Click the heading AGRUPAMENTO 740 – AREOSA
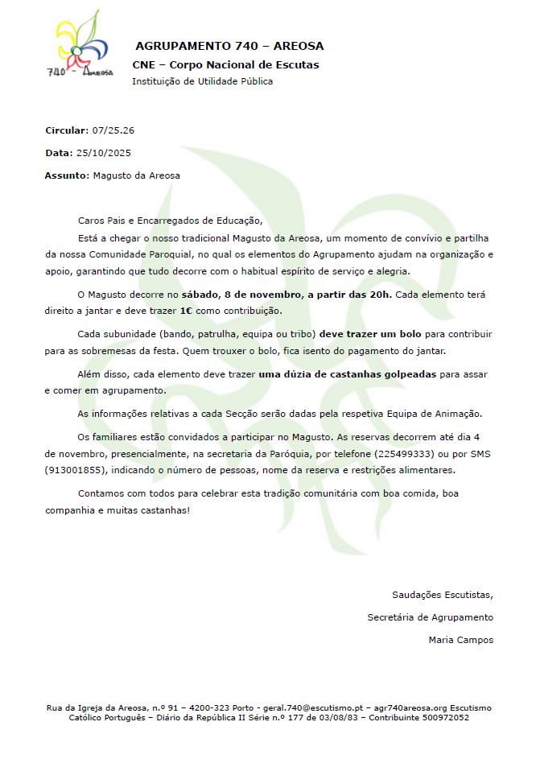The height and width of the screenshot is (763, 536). coord(229,47)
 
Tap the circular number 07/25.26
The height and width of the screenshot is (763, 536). coord(113,130)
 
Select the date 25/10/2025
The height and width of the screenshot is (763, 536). coord(103,152)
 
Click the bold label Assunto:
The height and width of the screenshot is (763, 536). coord(66,175)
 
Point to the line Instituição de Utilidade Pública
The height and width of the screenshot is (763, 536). coord(202,81)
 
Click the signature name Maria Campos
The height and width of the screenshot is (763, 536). coord(461,640)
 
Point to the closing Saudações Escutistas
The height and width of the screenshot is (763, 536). coord(442,595)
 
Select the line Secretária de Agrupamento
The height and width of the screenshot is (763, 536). coord(430,617)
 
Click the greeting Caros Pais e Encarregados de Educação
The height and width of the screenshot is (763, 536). coord(170,220)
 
